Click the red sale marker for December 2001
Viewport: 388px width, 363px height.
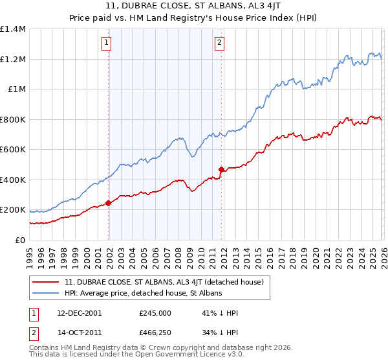click(x=108, y=203)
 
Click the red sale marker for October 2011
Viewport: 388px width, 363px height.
click(x=221, y=169)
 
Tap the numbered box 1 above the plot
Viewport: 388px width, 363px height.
click(x=106, y=43)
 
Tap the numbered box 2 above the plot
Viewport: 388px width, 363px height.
click(x=219, y=43)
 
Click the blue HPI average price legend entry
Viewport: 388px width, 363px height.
click(x=143, y=294)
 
